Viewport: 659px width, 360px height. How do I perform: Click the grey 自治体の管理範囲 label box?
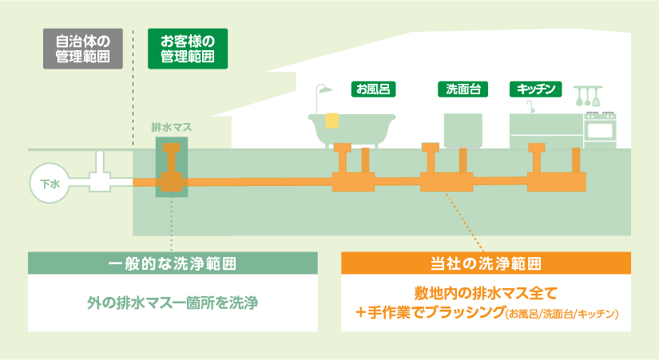tap(83, 48)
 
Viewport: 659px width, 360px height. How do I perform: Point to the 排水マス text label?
tap(172, 127)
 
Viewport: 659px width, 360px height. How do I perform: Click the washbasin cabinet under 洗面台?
tap(463, 130)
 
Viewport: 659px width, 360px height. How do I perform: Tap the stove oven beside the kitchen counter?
tap(600, 129)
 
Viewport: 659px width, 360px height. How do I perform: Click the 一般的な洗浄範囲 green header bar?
tap(173, 263)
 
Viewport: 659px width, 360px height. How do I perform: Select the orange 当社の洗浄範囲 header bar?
tap(486, 263)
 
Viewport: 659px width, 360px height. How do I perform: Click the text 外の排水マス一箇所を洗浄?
tap(173, 303)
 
